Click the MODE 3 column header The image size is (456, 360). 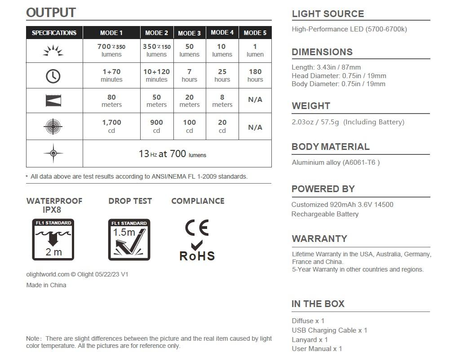pos(189,33)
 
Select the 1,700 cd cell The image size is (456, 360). pos(111,126)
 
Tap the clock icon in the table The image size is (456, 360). pos(53,76)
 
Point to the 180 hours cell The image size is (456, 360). pos(255,75)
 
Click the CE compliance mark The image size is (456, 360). pos(197,228)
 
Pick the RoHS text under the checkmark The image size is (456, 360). pos(197,256)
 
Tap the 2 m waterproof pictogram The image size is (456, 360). pos(53,240)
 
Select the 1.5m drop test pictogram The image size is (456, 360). pos(129,240)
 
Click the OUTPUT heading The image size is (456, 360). pos(51,13)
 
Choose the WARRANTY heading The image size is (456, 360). pos(319,238)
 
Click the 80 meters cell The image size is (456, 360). pos(111,101)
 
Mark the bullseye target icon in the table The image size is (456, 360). pos(53,127)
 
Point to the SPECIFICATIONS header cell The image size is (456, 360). pos(54,33)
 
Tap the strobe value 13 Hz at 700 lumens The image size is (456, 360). pos(173,154)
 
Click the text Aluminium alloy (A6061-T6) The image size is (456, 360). pos(336,162)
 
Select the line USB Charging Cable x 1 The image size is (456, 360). pos(329,330)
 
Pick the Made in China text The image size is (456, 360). pos(46,285)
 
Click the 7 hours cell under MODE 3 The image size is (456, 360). pos(189,75)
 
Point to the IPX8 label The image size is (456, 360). pos(52,210)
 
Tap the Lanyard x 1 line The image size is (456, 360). pos(310,340)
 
